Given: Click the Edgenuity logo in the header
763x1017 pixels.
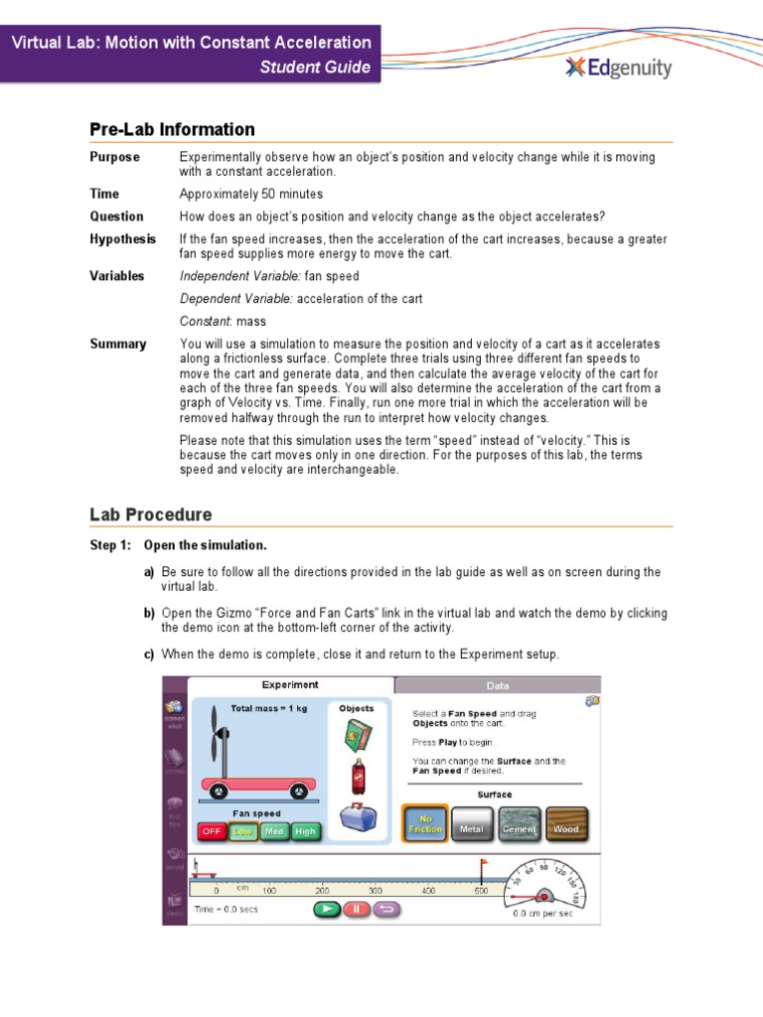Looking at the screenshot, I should [x=618, y=68].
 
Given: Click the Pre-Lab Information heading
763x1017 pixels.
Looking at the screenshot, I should [x=172, y=129].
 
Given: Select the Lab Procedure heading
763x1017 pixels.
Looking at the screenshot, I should [x=150, y=514].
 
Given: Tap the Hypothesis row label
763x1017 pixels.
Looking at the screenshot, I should [x=123, y=239].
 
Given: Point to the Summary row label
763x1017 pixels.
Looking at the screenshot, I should [x=118, y=344].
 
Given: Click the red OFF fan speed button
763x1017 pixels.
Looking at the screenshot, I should [x=212, y=831].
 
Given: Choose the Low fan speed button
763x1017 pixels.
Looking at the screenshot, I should [x=242, y=831].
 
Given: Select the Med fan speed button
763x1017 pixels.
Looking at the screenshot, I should [x=274, y=831].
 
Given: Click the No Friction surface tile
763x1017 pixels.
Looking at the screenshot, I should [x=425, y=824].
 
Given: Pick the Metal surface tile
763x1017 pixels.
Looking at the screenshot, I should [x=472, y=824].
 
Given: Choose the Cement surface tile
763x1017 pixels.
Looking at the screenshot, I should [x=519, y=824].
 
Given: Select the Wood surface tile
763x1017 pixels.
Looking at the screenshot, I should [x=565, y=824].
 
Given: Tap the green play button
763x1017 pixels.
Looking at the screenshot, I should [x=325, y=909].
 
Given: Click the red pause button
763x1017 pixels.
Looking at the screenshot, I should [x=356, y=909].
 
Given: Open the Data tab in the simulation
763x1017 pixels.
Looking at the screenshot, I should [x=497, y=685].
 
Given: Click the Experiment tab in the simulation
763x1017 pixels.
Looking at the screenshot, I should [x=290, y=685].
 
